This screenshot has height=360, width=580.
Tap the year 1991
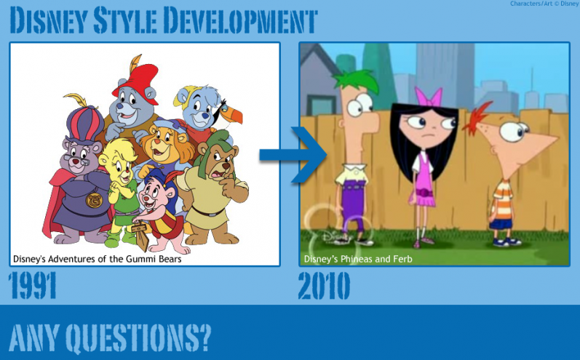point(33,286)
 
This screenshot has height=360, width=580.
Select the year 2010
point(324,286)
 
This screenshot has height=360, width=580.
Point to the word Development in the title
point(239,20)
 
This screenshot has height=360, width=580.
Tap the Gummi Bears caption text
point(97,258)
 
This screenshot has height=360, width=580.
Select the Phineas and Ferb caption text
point(357,258)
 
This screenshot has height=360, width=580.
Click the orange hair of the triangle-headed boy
point(480,118)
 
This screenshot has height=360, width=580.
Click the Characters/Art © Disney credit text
point(544,4)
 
